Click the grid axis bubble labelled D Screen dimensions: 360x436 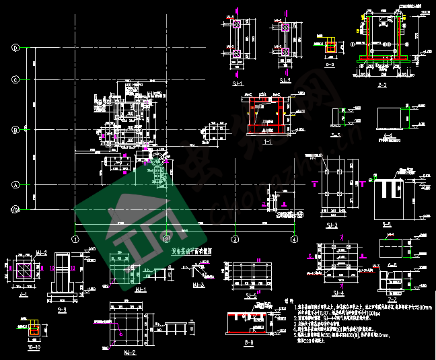[14, 48]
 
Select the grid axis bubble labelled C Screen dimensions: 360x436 [14, 79]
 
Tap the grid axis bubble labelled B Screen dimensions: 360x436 [14, 130]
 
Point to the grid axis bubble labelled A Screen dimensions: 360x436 [14, 184]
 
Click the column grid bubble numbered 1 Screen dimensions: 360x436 [75, 239]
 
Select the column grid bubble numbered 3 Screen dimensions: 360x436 [235, 239]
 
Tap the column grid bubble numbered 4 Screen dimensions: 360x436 [294, 239]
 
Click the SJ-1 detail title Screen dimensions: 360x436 [238, 83]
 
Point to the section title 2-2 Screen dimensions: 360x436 [382, 85]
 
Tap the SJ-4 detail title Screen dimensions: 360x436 [338, 292]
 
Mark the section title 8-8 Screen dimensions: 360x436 [249, 343]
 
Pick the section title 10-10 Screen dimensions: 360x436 [34, 349]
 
